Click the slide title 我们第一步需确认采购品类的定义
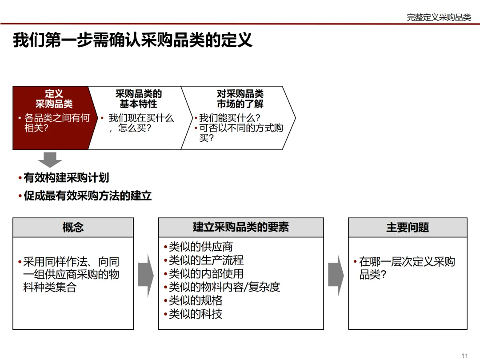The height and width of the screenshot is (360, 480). pyautogui.click(x=132, y=40)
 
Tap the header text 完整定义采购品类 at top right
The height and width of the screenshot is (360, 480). pyautogui.click(x=439, y=17)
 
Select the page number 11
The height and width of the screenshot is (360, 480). pyautogui.click(x=465, y=355)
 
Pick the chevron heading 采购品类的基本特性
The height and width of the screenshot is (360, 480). pyautogui.click(x=138, y=99)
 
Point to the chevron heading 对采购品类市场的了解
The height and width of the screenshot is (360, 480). pyautogui.click(x=240, y=99)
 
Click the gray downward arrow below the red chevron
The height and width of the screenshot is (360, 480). pyautogui.click(x=50, y=159)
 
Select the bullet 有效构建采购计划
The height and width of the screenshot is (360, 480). pyautogui.click(x=66, y=178)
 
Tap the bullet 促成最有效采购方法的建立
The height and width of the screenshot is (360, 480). pyautogui.click(x=88, y=196)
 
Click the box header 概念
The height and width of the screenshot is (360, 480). pyautogui.click(x=73, y=228)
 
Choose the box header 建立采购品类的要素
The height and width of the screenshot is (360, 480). pyautogui.click(x=241, y=228)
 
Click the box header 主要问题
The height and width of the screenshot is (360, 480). pyautogui.click(x=408, y=228)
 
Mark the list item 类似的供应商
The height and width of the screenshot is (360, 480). pyautogui.click(x=200, y=247)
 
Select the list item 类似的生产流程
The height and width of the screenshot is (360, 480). pyautogui.click(x=206, y=260)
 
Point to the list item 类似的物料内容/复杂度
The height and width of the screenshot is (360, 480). pyautogui.click(x=224, y=287)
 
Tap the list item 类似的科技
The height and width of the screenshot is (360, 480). pyautogui.click(x=196, y=314)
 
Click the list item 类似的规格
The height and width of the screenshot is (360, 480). pyautogui.click(x=196, y=301)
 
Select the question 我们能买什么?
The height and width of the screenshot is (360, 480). pyautogui.click(x=229, y=118)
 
